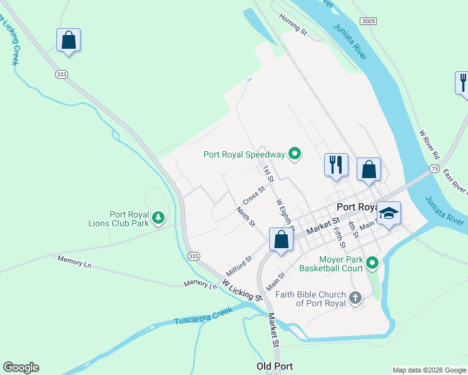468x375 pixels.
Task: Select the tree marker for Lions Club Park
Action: point(159,217)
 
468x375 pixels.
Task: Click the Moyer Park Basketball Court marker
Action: point(372,263)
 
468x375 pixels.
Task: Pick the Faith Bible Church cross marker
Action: point(355,297)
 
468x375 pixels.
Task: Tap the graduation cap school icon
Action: point(389,212)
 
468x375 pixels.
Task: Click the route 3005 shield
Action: point(369,21)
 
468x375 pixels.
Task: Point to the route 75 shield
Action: point(434,169)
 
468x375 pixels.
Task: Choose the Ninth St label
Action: point(246,216)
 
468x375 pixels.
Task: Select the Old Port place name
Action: point(275,366)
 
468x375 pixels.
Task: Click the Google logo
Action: point(21,367)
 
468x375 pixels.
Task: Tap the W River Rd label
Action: point(430,144)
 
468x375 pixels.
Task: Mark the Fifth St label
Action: point(340,236)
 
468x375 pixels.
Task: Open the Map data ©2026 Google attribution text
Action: point(429,370)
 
